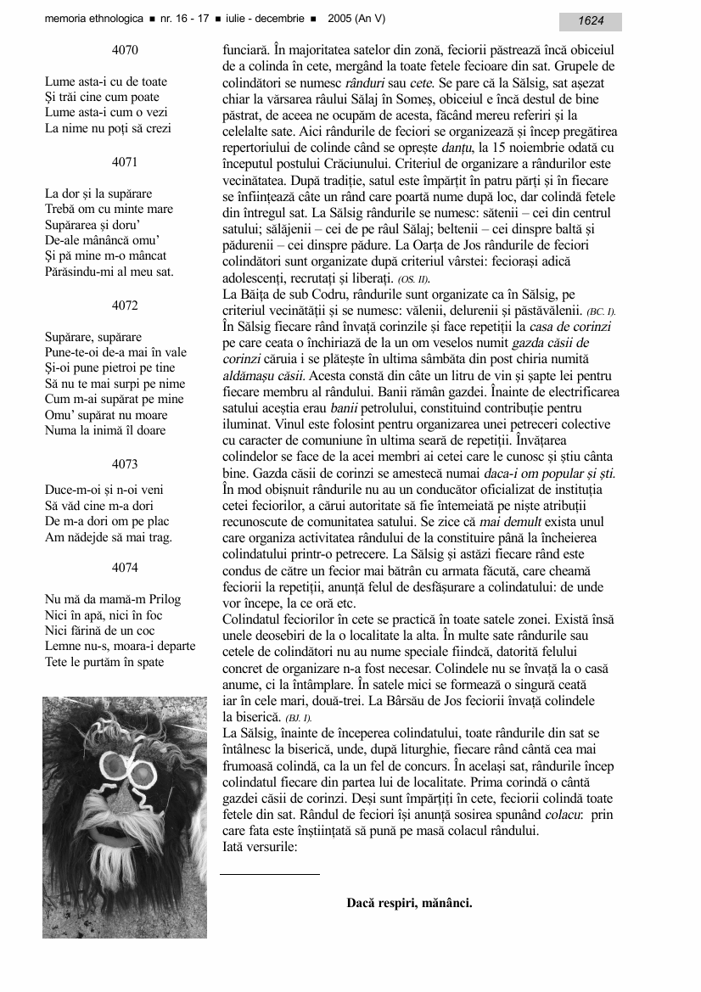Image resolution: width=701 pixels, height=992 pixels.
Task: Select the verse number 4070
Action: pos(125,50)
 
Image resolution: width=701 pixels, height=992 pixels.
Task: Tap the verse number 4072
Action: pos(125,305)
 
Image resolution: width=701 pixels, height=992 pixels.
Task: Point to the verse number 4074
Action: pos(125,568)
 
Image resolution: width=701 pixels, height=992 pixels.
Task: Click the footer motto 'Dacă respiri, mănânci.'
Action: pos(409,903)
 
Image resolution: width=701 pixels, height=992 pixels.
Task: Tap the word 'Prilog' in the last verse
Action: pos(162,599)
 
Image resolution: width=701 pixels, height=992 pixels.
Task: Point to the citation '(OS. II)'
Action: pos(413,279)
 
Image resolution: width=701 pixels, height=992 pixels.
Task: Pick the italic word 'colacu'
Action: pos(539,815)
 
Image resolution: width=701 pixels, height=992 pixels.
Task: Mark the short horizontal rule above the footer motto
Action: pos(270,873)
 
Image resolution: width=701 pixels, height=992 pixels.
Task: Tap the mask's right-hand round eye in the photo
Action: pos(142,774)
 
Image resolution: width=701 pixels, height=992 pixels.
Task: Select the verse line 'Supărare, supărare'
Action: pos(93,337)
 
